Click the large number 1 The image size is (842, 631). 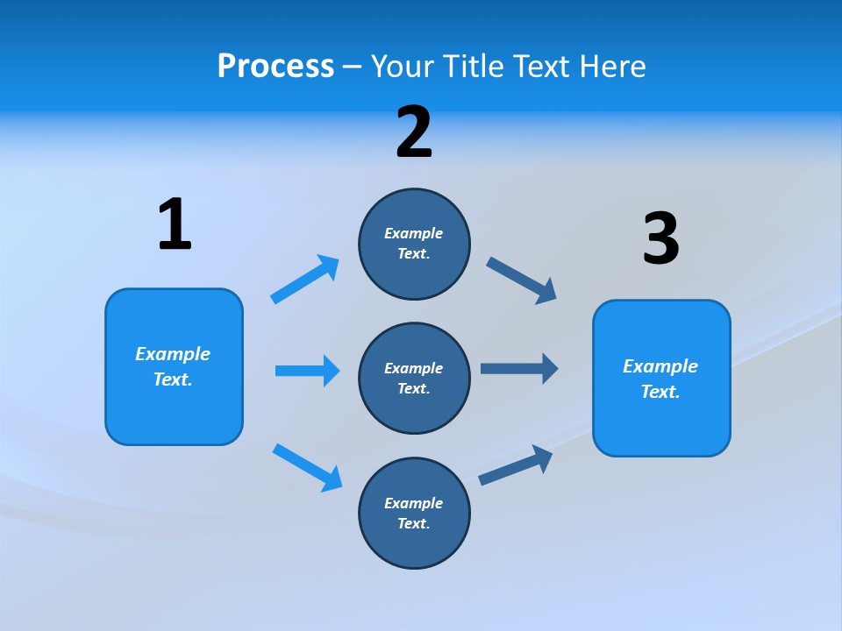pyautogui.click(x=175, y=225)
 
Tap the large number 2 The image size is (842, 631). pyautogui.click(x=414, y=132)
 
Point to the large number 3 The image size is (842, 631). pyautogui.click(x=660, y=239)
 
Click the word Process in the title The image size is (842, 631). pyautogui.click(x=275, y=66)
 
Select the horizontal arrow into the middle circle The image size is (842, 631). pyautogui.click(x=307, y=371)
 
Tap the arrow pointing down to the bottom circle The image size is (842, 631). pyautogui.click(x=307, y=467)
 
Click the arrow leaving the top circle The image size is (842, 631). pyautogui.click(x=522, y=280)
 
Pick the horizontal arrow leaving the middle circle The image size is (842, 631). pyautogui.click(x=519, y=368)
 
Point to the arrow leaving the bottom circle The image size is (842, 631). pyautogui.click(x=516, y=465)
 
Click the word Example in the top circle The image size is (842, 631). pyautogui.click(x=413, y=233)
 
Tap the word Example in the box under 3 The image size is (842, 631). pyautogui.click(x=660, y=366)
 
